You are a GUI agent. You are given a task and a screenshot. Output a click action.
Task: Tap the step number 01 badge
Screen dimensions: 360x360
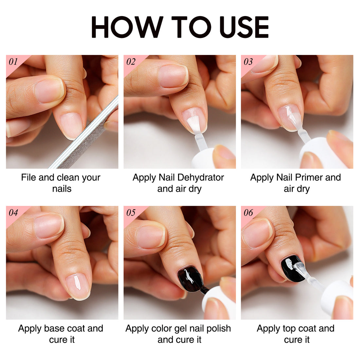point(13,62)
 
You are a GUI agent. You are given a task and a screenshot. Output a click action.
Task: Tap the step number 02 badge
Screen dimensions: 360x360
point(131,62)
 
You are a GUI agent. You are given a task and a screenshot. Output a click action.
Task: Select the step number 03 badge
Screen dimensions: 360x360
point(248,62)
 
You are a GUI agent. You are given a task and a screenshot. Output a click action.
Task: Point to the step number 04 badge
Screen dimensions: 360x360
point(13,213)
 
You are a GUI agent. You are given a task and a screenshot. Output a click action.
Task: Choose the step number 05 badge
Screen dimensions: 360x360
point(131,213)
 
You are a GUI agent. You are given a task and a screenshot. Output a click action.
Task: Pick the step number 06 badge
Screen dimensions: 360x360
point(248,213)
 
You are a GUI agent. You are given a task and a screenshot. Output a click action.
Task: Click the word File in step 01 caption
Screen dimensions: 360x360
point(28,178)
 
